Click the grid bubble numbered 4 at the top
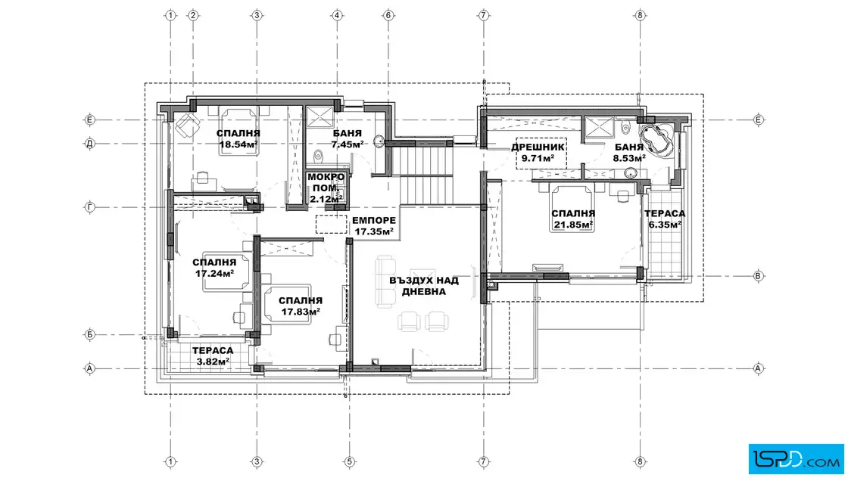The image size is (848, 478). [x=337, y=15]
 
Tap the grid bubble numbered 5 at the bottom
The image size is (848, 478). [x=349, y=462]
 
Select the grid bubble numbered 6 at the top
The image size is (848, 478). [x=388, y=15]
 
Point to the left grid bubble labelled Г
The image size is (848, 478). [x=90, y=207]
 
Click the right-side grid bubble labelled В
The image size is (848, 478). [x=758, y=276]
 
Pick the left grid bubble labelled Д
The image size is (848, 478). [x=90, y=144]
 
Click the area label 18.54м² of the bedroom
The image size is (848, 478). [x=238, y=144]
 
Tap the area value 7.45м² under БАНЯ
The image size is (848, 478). [x=348, y=144]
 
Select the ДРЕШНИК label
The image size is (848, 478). [x=538, y=147]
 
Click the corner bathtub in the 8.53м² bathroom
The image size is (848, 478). [x=656, y=139]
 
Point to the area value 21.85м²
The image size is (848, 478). [x=573, y=224]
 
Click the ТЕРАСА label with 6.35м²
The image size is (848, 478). [x=665, y=214]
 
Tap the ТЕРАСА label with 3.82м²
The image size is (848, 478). [x=213, y=351]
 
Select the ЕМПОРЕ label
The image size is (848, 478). [x=374, y=220]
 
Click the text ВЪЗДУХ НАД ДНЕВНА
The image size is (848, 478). [x=424, y=286]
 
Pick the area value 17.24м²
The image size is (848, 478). [x=215, y=273]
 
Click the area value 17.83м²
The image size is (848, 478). [x=301, y=312]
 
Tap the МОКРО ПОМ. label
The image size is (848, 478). [x=326, y=182]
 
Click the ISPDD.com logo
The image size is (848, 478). [x=796, y=459]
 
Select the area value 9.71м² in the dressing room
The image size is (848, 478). [x=538, y=159]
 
